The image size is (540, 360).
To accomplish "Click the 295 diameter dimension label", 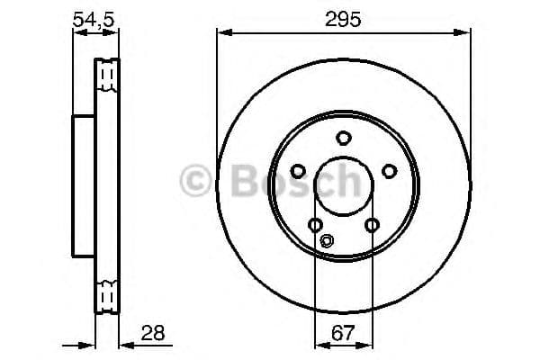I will tap(343, 19).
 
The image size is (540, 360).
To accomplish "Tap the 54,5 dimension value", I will tap(94, 19).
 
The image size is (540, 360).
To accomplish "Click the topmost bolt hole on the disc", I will tap(343, 138).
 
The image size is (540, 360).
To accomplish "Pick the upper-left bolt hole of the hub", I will tap(297, 171).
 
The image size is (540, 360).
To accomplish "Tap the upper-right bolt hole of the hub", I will tap(389, 171).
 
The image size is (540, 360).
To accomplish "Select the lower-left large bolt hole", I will tap(314, 225).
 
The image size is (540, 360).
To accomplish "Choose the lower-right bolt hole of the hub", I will tap(371, 225).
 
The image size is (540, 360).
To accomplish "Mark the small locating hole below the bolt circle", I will tap(327, 240).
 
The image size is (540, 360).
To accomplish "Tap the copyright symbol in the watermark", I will tap(197, 183).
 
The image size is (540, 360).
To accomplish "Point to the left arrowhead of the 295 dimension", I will tap(221, 33).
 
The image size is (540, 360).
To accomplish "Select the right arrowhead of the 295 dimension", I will tap(465, 33).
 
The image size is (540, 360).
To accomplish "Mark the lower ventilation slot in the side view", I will tap(107, 294).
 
